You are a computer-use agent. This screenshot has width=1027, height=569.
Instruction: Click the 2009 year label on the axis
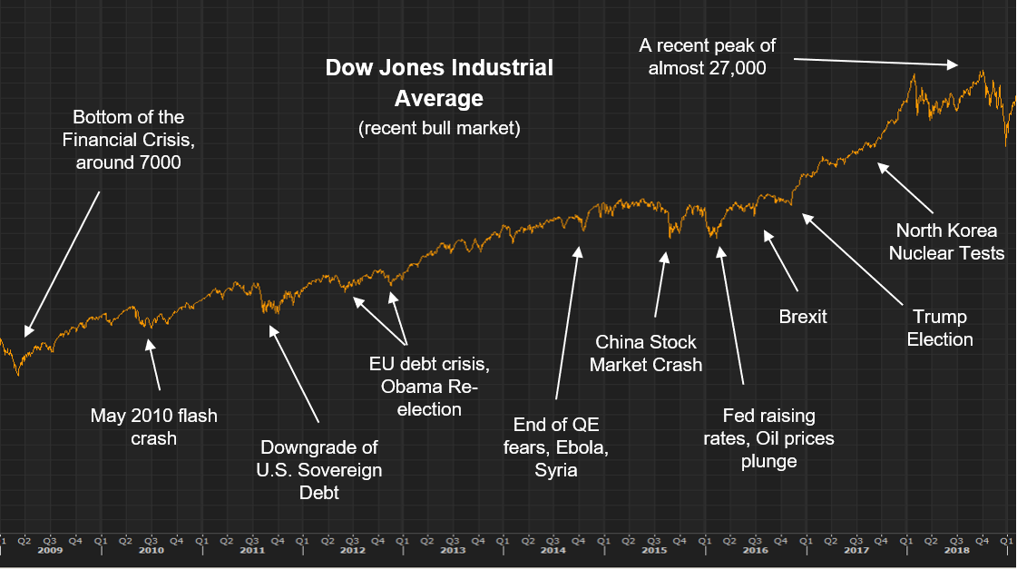pyautogui.click(x=51, y=551)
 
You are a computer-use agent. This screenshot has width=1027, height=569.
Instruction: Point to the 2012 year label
pyautogui.click(x=352, y=551)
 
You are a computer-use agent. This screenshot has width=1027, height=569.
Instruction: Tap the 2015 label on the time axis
pyautogui.click(x=654, y=551)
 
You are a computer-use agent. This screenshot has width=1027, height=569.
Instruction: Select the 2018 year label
pyautogui.click(x=955, y=551)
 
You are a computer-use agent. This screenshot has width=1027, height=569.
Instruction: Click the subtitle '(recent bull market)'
pyautogui.click(x=439, y=128)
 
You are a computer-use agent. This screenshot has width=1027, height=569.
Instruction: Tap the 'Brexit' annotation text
pyautogui.click(x=803, y=317)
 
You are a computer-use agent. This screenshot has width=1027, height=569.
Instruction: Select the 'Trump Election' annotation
pyautogui.click(x=940, y=328)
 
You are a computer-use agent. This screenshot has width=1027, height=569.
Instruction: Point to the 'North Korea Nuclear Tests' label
pyautogui.click(x=946, y=241)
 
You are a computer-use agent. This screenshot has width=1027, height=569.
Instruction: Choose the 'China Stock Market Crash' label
pyautogui.click(x=646, y=353)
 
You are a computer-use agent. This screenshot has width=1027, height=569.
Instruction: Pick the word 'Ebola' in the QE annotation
pyautogui.click(x=580, y=447)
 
